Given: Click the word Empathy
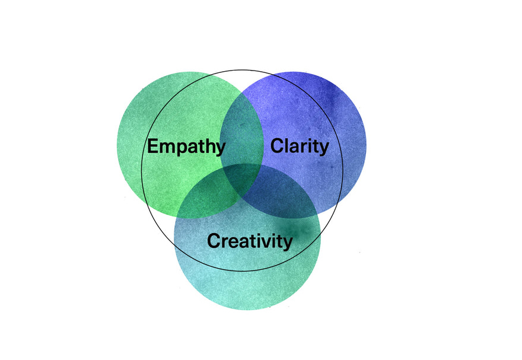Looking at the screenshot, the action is point(186,146).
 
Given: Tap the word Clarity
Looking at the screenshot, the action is point(300,146).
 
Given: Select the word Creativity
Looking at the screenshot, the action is point(250,241).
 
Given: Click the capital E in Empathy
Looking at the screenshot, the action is point(152,146).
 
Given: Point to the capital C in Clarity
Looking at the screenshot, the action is point(277,146).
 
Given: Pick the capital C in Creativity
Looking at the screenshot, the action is point(214,241).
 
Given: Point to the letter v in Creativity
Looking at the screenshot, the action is point(268,243).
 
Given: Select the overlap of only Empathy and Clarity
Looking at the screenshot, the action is point(242,133).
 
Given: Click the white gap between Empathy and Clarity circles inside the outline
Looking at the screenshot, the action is point(243,81).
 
